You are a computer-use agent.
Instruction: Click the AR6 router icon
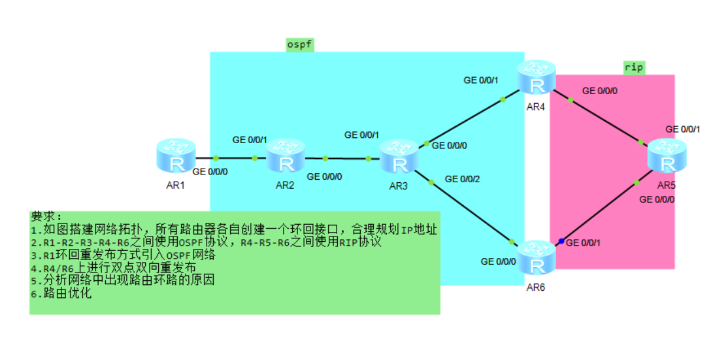(x=537, y=259)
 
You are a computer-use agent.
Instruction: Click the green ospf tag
(x=300, y=44)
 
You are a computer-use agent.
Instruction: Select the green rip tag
(x=633, y=67)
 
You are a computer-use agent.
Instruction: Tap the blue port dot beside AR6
(x=561, y=242)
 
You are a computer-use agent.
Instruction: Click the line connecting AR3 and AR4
(x=464, y=122)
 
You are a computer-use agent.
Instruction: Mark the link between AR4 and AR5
(x=605, y=120)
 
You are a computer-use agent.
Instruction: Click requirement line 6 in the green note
(x=61, y=293)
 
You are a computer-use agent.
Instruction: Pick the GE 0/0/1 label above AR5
(x=683, y=129)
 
